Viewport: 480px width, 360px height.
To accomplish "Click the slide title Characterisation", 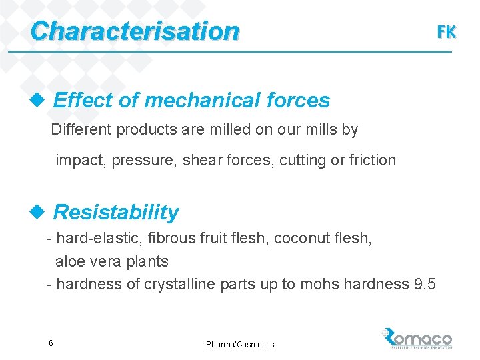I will (x=134, y=31).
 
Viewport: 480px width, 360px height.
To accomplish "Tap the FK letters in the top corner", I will (x=446, y=31).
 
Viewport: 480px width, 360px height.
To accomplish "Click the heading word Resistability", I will (x=116, y=212).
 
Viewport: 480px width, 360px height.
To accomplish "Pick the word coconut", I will (x=299, y=238).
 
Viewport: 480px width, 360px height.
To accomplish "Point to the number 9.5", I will (x=425, y=284).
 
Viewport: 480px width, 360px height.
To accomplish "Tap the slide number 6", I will (x=51, y=343).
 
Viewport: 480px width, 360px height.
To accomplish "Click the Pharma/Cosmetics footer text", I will (x=240, y=344).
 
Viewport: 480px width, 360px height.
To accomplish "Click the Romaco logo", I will (x=418, y=339).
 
